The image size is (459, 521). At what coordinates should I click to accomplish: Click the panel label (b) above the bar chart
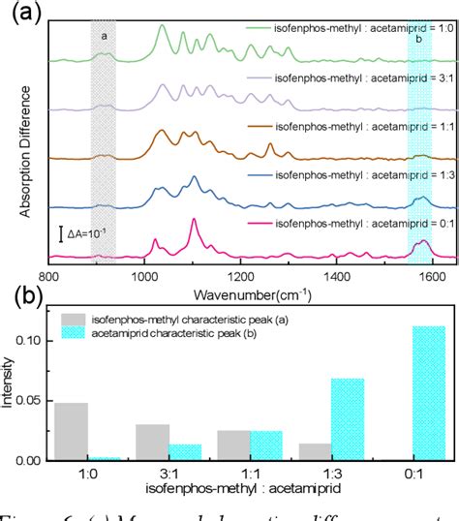click(x=23, y=294)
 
